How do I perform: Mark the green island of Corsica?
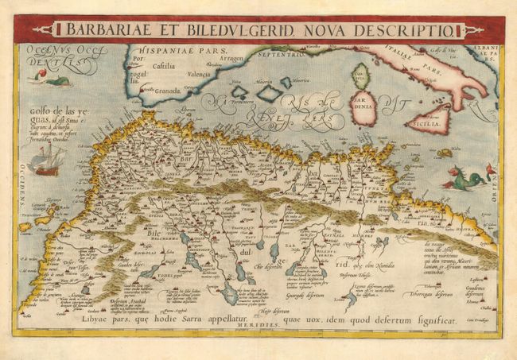click(360, 75)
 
